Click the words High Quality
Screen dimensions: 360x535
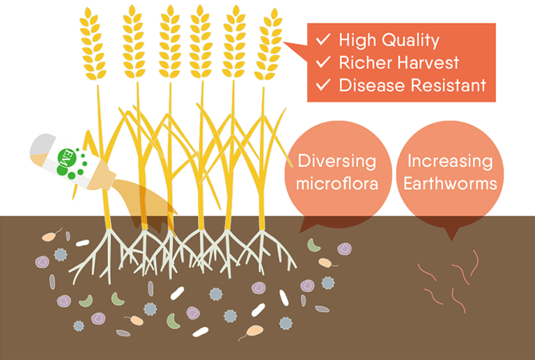point(389,40)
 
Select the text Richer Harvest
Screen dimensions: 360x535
point(398,63)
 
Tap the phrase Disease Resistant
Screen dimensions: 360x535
point(412,86)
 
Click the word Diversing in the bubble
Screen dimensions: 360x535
point(337,162)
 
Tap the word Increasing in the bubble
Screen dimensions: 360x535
point(449,162)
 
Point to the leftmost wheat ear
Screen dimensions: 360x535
point(91,45)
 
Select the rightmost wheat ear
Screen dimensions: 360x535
point(268,45)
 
